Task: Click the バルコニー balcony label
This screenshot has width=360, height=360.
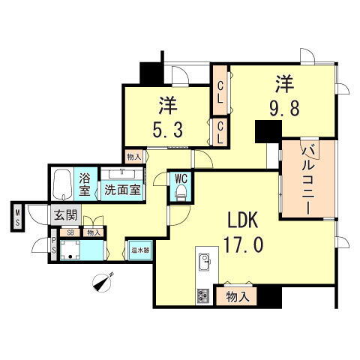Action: pyautogui.click(x=306, y=178)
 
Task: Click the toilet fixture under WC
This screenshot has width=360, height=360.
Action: pyautogui.click(x=179, y=193)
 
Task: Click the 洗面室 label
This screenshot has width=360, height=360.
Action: pyautogui.click(x=121, y=190)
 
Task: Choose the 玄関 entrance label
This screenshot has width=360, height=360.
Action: pyautogui.click(x=65, y=214)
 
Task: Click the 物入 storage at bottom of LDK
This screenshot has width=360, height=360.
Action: pyautogui.click(x=238, y=297)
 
